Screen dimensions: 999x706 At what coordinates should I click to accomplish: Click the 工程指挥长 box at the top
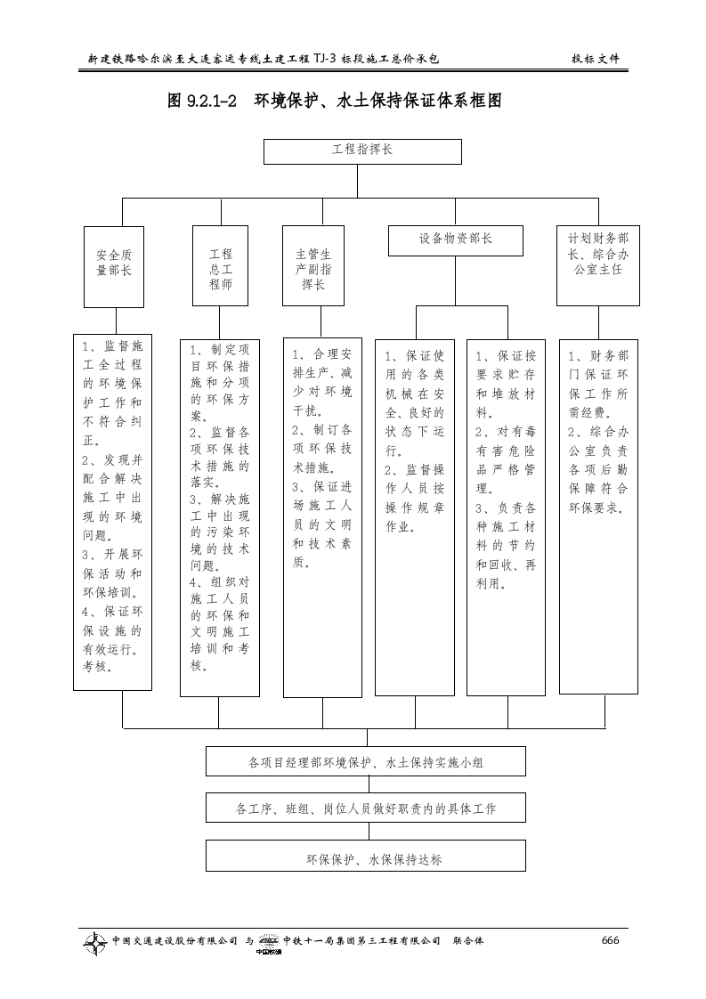coord(362,151)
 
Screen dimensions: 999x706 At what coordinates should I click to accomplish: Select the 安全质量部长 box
coord(113,265)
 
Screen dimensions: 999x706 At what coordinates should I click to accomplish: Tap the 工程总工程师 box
coord(220,266)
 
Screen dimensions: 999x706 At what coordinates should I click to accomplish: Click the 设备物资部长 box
coord(455,240)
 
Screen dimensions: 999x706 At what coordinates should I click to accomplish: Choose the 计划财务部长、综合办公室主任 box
coord(598,264)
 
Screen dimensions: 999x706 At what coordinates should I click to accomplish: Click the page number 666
coord(610,941)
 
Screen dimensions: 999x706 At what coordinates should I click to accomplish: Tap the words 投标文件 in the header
coord(595,60)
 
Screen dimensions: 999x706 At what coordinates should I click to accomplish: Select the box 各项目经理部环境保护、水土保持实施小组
coord(365,762)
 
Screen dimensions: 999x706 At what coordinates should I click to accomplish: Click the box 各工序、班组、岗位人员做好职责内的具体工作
coord(365,808)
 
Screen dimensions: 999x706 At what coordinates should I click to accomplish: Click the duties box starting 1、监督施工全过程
coord(113,511)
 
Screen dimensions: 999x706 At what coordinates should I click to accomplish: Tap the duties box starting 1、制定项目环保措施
coord(220,517)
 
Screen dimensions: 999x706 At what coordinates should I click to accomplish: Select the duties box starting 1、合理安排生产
coord(322,516)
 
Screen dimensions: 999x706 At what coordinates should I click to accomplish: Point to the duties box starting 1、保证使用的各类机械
coord(415,516)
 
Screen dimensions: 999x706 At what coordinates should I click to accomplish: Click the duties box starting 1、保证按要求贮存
coord(507,516)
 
